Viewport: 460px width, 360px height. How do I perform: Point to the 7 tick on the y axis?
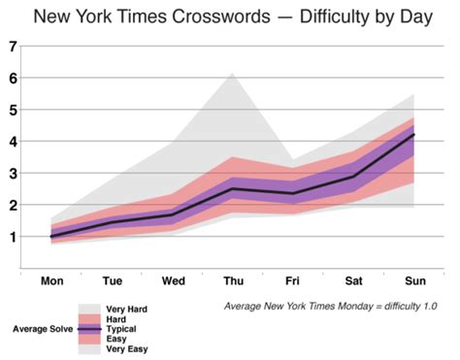point(12,47)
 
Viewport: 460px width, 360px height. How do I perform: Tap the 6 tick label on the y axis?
point(12,79)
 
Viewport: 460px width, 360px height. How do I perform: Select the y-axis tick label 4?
point(12,142)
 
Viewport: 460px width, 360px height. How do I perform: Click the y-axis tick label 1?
point(12,237)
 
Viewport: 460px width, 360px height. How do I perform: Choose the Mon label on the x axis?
point(51,281)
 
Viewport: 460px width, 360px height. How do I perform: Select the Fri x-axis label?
point(292,281)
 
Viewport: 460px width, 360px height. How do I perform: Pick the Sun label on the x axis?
point(413,281)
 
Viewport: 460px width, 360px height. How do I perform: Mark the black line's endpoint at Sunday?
point(414,135)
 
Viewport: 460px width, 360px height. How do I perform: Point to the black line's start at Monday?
point(51,236)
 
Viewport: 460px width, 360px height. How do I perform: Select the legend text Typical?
point(120,329)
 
